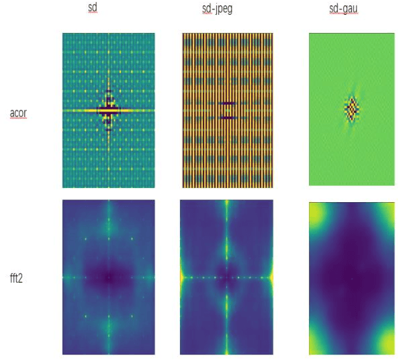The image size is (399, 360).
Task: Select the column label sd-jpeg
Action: [x=227, y=8]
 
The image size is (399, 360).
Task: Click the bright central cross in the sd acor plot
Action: [x=108, y=109]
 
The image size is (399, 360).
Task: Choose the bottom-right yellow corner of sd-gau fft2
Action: [x=388, y=343]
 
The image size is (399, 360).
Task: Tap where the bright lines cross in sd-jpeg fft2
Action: [x=228, y=277]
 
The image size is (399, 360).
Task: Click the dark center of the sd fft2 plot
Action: [x=108, y=277]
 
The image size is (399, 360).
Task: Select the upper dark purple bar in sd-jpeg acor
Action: [x=228, y=103]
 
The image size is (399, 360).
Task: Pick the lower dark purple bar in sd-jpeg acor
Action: [x=228, y=118]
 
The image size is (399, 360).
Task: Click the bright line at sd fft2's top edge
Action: [x=108, y=203]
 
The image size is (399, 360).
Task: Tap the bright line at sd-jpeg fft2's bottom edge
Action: [x=228, y=351]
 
